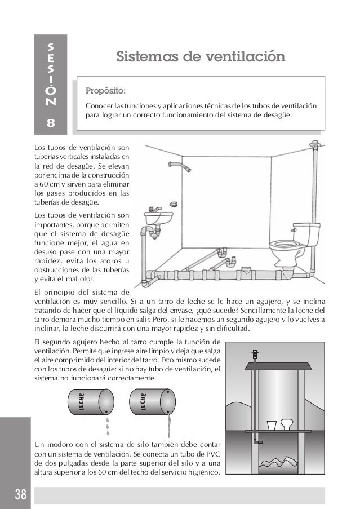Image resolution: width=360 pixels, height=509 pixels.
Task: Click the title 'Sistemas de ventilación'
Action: point(200,57)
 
